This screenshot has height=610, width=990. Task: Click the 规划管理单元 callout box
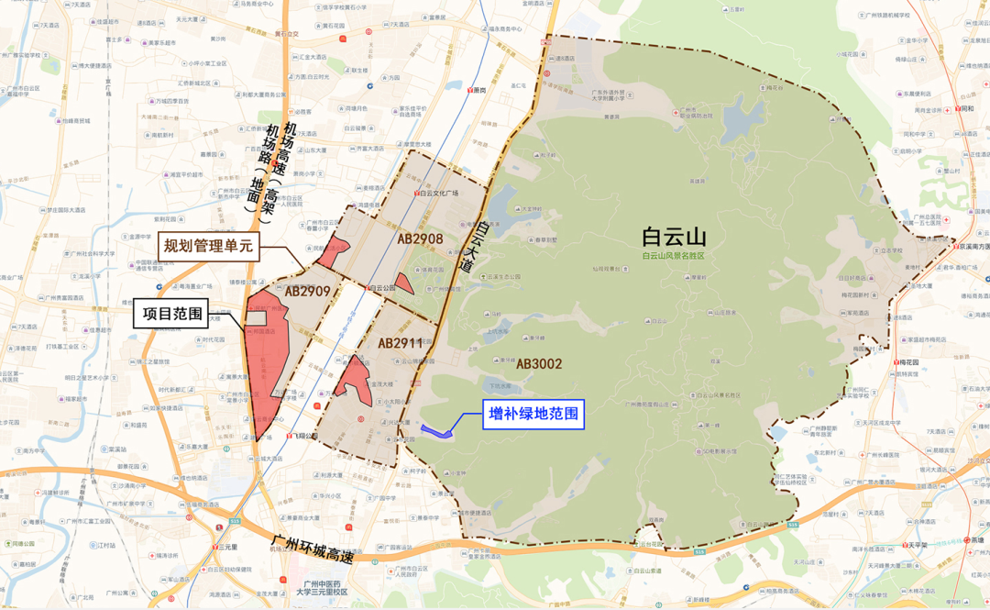206,246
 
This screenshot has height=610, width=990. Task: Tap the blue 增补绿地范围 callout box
533,415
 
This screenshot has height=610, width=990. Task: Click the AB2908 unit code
421,238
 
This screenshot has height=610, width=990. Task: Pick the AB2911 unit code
401,343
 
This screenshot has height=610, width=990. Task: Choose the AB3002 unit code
539,364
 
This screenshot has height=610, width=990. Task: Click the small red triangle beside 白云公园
404,284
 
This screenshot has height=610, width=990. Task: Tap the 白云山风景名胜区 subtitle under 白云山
674,256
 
